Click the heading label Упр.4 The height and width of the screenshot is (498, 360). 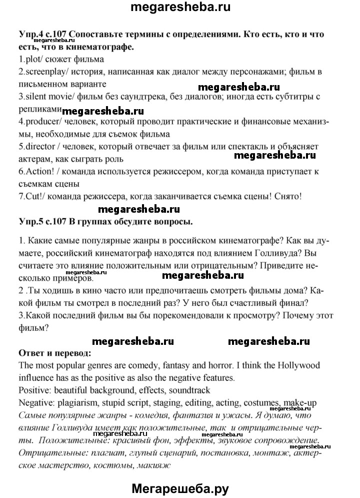(x=29, y=35)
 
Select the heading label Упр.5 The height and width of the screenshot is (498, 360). (x=29, y=221)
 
